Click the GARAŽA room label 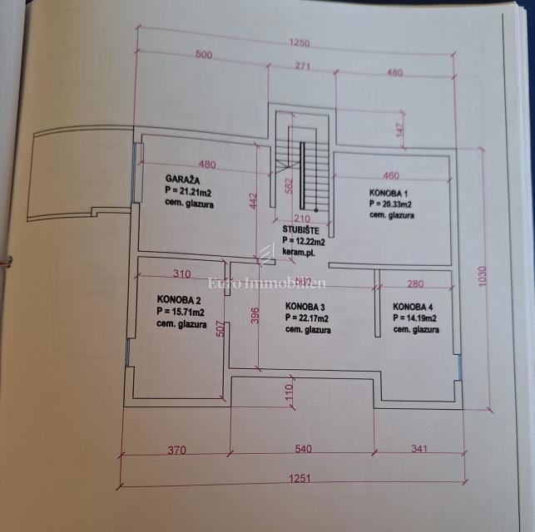(181, 179)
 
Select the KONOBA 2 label (180, 299)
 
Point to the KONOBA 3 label (306, 305)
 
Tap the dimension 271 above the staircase (301, 66)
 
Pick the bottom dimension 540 (303, 450)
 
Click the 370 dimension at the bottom (175, 450)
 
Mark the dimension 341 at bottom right (419, 450)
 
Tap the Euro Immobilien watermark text (267, 283)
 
